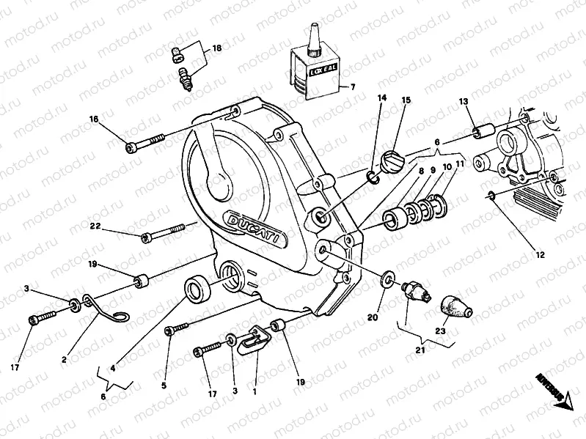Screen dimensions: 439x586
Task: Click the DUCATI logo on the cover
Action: [251, 224]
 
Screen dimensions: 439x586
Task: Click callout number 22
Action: [95, 226]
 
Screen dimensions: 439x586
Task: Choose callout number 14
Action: [381, 97]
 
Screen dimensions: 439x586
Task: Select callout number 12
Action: [540, 256]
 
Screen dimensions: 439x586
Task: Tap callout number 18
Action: [216, 49]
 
